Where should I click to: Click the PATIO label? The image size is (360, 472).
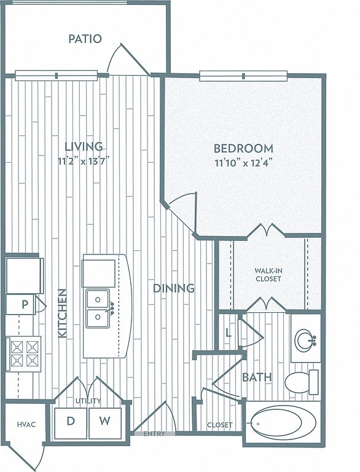point(85,39)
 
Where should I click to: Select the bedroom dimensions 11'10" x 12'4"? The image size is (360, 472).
point(244,163)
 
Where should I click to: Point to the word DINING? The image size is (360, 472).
point(174,288)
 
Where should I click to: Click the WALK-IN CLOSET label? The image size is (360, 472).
point(268,275)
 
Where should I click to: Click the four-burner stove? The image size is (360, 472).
point(23,354)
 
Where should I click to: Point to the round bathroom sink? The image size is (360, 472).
point(305,340)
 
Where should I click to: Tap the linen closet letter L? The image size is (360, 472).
point(229,333)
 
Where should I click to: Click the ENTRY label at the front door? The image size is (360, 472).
point(154,434)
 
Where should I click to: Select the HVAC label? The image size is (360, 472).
point(26,425)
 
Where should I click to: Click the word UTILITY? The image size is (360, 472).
point(88,401)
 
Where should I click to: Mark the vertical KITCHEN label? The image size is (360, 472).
point(62,313)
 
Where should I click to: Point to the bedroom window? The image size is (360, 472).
point(243,76)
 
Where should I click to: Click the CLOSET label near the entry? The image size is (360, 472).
point(220,425)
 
